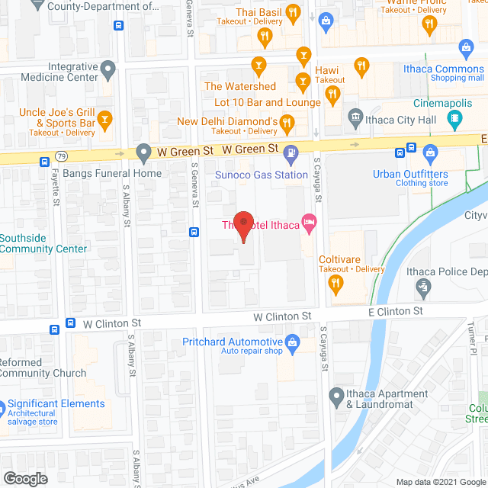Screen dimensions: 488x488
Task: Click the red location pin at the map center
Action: point(243,226)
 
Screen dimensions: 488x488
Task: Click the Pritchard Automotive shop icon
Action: point(291,342)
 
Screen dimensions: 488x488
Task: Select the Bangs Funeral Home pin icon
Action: point(143,153)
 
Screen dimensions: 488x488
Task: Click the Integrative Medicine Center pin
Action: point(108,72)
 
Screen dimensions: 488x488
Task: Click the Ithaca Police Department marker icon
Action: point(424,287)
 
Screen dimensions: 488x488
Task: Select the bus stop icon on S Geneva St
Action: point(194,232)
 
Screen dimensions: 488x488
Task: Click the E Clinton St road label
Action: point(396,311)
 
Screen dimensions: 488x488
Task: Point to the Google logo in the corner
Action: point(24,478)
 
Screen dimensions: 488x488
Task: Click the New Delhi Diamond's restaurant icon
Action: point(287,121)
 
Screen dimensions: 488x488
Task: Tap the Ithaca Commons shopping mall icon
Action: point(466,50)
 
